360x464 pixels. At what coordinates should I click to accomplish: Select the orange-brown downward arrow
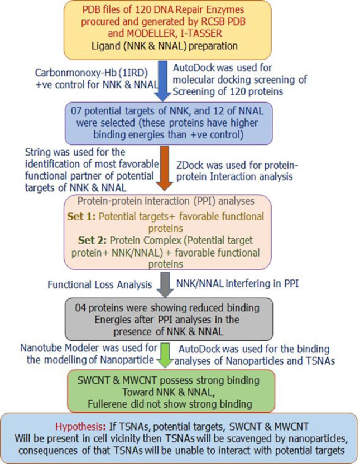(x=164, y=168)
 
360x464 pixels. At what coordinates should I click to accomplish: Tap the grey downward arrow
(x=165, y=284)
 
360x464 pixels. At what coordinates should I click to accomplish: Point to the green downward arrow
(x=166, y=355)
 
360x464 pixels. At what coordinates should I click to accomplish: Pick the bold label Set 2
(x=92, y=240)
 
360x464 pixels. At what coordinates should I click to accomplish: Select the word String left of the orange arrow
(x=36, y=153)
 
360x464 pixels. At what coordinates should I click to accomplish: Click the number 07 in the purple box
(x=76, y=111)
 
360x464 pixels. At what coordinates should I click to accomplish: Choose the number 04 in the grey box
(x=81, y=308)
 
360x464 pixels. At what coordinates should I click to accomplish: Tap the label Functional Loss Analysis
(x=100, y=284)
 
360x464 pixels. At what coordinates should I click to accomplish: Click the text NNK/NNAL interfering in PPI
(x=237, y=283)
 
